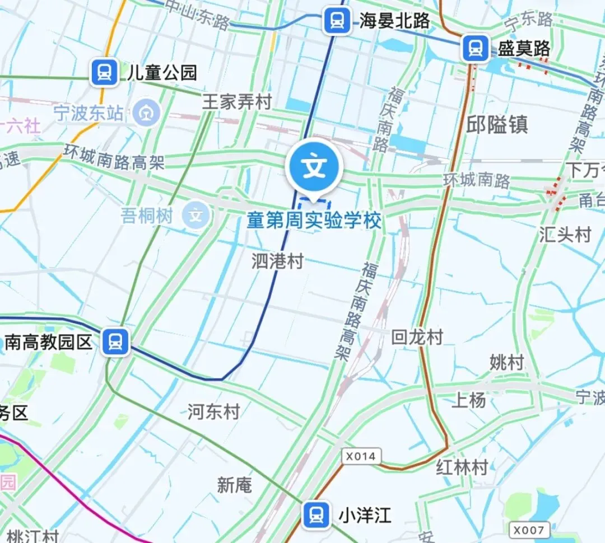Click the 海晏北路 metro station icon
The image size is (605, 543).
[x=337, y=21]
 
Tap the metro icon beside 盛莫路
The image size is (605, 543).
[x=476, y=48]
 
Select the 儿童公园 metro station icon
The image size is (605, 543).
[x=104, y=72]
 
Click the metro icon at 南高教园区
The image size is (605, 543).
[x=116, y=341]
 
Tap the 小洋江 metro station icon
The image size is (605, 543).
[x=316, y=515]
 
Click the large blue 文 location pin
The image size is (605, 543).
[x=314, y=167]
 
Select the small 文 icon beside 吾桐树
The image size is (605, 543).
[x=196, y=216]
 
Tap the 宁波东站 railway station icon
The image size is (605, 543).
[x=147, y=114]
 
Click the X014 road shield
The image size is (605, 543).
[x=361, y=456]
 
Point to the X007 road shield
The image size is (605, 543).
[x=529, y=530]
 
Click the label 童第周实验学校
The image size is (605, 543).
[x=314, y=221]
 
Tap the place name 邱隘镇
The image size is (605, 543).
[x=497, y=124]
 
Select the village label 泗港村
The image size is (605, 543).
[x=277, y=261]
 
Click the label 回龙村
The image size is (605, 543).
[x=417, y=337]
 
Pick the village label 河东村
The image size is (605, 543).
[x=213, y=413]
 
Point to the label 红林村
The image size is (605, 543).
[x=462, y=467]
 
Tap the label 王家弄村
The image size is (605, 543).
[x=236, y=102]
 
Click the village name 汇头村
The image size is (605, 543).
[x=565, y=235]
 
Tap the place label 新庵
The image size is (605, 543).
[x=234, y=485]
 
